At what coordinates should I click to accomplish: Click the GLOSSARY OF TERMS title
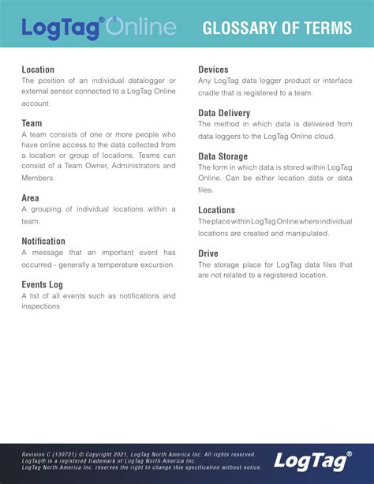(277, 29)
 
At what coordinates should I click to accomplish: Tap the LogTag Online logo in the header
(99, 28)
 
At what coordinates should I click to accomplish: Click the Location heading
(38, 69)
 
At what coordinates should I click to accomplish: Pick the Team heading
(32, 123)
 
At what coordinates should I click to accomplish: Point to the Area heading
(32, 197)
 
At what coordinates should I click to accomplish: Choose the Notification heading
(43, 241)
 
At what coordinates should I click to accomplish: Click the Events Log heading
(42, 283)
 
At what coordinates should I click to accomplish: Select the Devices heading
(213, 69)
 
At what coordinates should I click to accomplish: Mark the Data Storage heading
(223, 156)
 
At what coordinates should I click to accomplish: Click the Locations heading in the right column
(217, 210)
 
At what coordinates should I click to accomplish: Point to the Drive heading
(208, 253)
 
